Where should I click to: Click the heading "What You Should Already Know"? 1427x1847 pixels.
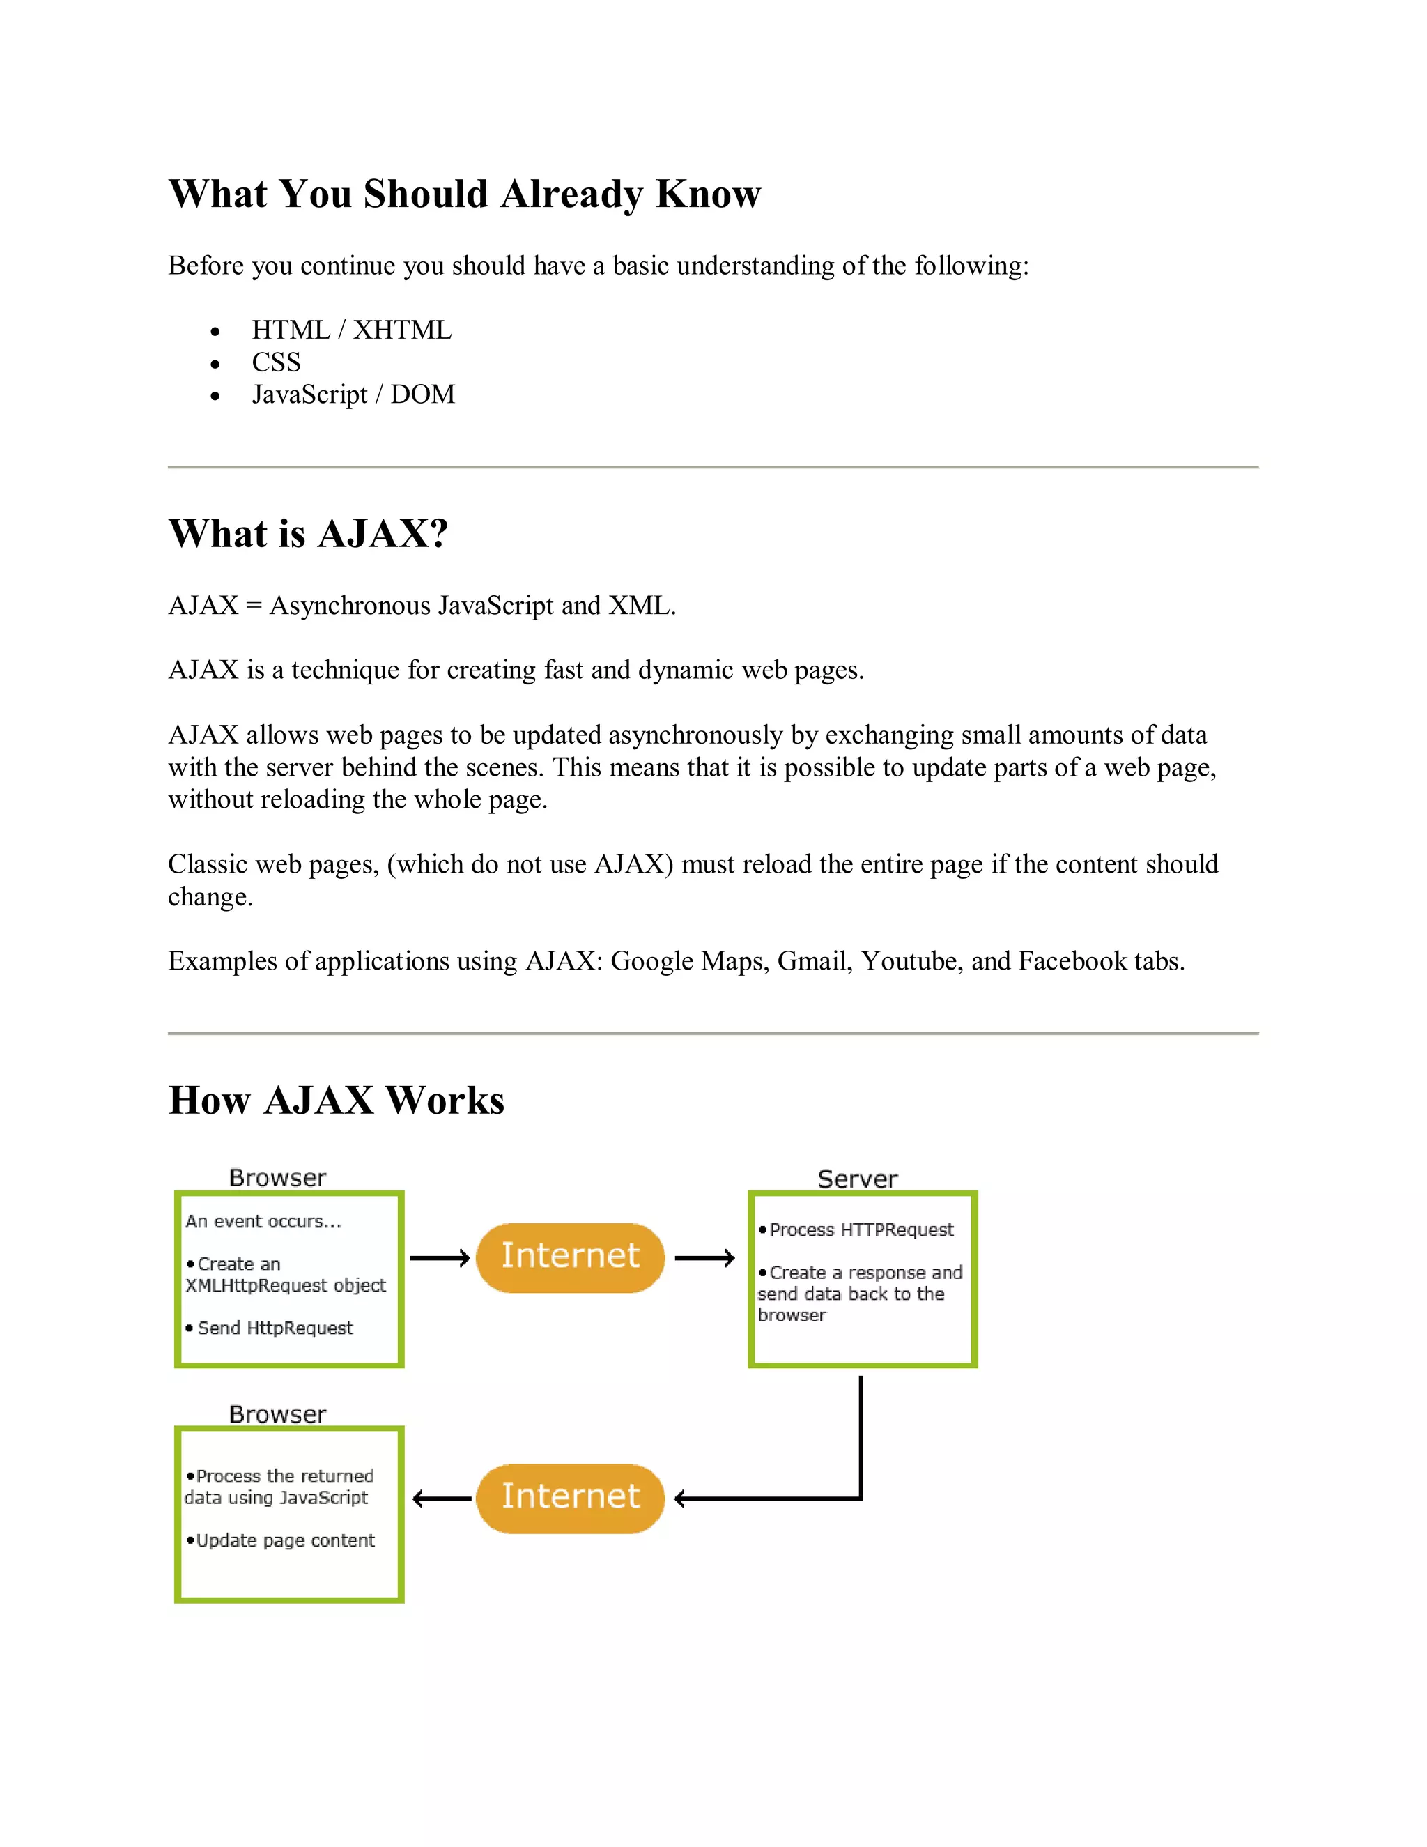point(464,194)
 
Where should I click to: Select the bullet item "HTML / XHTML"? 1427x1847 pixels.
point(352,330)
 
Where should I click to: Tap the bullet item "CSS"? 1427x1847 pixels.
point(276,362)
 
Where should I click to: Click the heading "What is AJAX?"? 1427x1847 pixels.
point(308,534)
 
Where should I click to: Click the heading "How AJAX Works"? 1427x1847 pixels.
point(337,1101)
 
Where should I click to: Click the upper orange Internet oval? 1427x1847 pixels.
point(571,1257)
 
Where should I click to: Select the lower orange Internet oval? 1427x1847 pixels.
point(571,1498)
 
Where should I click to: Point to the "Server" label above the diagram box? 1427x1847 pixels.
point(857,1179)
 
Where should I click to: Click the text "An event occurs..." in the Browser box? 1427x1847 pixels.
point(263,1221)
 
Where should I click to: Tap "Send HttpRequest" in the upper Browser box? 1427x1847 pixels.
point(275,1328)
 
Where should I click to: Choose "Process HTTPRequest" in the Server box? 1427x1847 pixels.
point(861,1229)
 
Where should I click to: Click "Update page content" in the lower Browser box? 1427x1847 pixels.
point(285,1540)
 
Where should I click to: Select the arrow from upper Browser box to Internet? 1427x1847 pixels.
point(440,1258)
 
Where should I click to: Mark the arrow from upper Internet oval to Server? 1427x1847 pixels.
point(705,1258)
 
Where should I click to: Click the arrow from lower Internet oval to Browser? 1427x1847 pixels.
point(441,1499)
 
